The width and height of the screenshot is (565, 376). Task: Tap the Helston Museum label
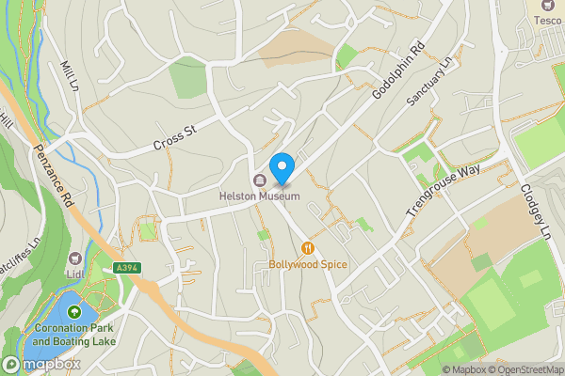(x=259, y=196)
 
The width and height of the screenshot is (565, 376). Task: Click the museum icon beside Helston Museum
(x=259, y=180)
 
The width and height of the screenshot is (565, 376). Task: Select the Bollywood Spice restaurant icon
(x=307, y=248)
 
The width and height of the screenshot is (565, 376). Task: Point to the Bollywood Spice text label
(x=307, y=265)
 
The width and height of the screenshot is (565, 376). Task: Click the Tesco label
(x=547, y=19)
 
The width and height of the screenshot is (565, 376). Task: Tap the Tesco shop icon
(x=547, y=5)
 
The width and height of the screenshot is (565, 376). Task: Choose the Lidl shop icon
(x=74, y=258)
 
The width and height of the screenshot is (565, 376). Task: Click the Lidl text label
(x=74, y=274)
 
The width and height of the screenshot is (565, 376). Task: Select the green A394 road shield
(x=128, y=269)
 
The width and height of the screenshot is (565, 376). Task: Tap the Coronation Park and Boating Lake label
(x=73, y=335)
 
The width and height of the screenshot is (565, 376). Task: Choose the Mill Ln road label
(x=68, y=77)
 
